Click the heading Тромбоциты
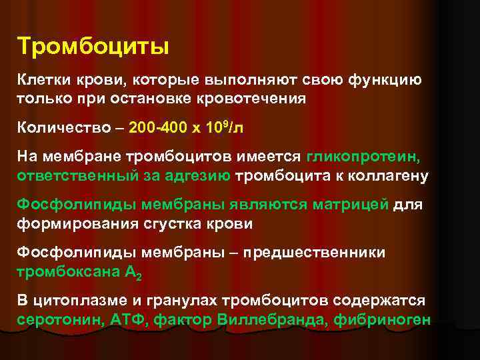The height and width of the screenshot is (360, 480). [93, 47]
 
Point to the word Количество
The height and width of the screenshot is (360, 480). [55, 127]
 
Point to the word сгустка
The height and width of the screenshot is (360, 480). [179, 223]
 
